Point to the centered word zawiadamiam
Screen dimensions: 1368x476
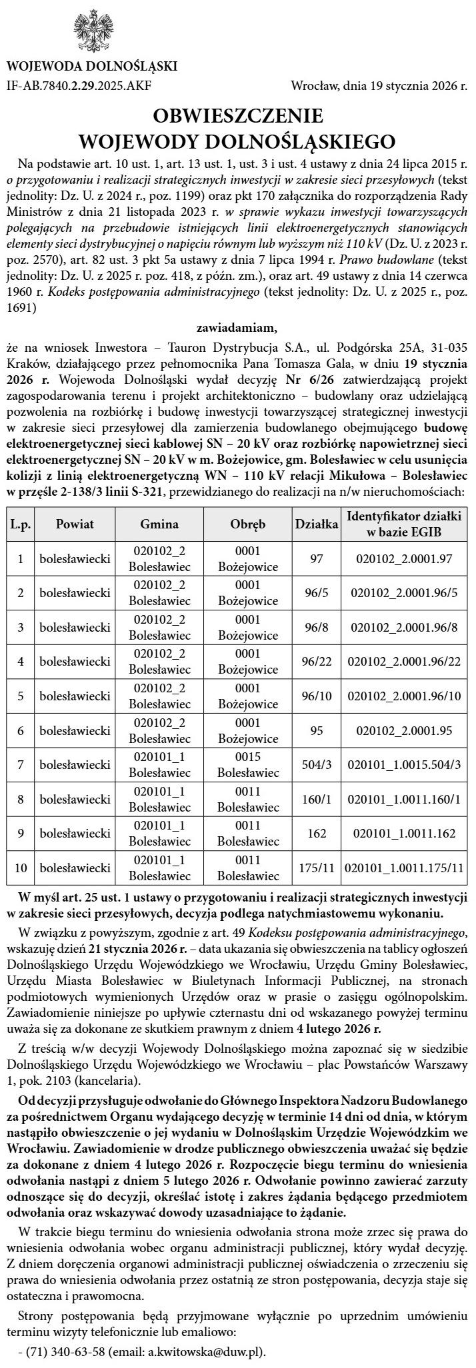[237, 327]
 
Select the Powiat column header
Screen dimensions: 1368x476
[75, 524]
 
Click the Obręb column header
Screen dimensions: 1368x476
[248, 524]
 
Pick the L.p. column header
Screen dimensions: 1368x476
[21, 524]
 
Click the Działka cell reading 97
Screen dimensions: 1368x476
[317, 558]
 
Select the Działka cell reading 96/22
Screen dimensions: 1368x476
[317, 661]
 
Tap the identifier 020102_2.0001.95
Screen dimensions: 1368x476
[405, 730]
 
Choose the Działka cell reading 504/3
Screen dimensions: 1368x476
[317, 764]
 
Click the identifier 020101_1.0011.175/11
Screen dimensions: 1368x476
[405, 868]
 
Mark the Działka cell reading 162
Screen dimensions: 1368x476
[317, 833]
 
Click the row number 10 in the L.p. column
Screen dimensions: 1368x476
[21, 868]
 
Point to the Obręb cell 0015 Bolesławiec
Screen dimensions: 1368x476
[248, 764]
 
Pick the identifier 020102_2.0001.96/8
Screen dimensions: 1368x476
[405, 627]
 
